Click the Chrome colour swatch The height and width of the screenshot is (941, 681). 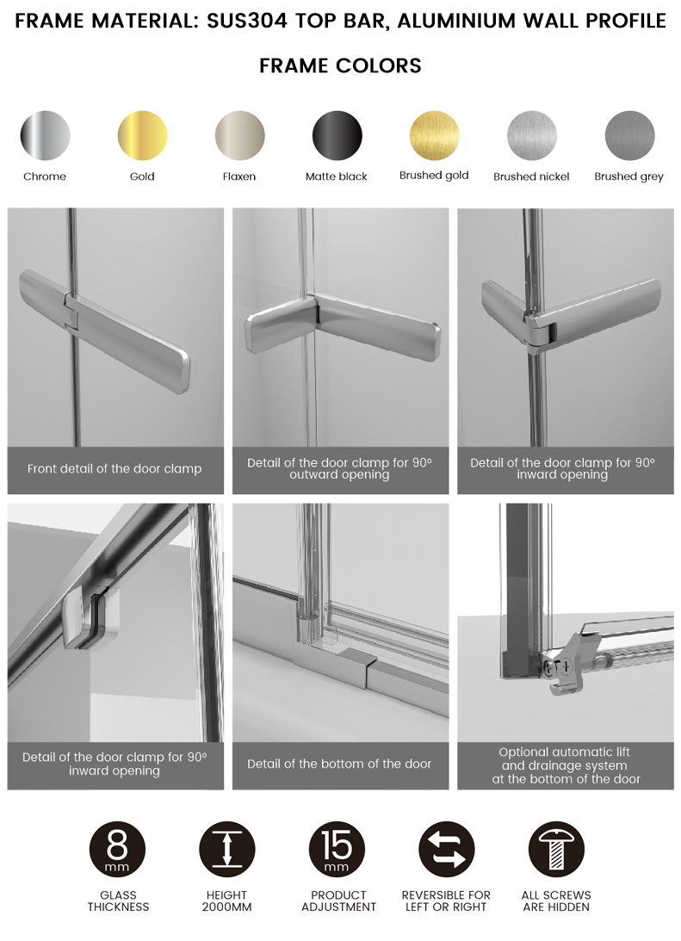point(45,136)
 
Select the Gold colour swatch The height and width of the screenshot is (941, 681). point(142,136)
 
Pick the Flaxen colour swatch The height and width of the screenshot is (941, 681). point(239,136)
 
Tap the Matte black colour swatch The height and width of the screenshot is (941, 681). point(337,136)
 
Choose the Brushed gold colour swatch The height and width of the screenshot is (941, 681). point(435,136)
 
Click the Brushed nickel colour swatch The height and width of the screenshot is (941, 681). point(531,136)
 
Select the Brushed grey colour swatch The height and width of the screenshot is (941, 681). point(629,136)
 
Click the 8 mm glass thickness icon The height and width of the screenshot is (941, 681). point(118,850)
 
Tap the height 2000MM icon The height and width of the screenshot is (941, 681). point(226,850)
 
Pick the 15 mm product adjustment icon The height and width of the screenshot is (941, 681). point(337,850)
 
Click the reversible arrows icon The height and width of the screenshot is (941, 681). point(447,850)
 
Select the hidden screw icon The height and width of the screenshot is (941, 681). point(556,850)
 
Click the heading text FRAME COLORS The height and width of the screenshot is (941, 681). point(340,65)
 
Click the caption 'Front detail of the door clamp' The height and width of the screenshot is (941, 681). point(115,468)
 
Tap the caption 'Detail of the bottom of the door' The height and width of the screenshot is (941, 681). point(339,764)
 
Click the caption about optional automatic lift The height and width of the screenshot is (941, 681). point(566,765)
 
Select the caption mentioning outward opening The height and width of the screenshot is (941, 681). point(339,468)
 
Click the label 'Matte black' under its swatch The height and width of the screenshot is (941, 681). point(337,176)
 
